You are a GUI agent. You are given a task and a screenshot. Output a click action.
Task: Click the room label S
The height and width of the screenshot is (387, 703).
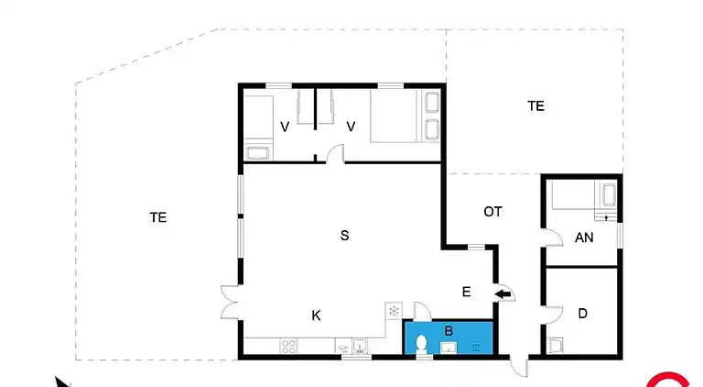pyautogui.click(x=344, y=236)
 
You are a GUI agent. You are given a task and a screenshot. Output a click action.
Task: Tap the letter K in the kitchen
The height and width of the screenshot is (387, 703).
pyautogui.click(x=316, y=315)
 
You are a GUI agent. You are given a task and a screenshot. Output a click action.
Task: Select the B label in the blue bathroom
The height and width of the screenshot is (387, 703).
pyautogui.click(x=449, y=330)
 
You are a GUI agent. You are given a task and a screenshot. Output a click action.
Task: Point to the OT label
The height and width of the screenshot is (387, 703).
pyautogui.click(x=492, y=212)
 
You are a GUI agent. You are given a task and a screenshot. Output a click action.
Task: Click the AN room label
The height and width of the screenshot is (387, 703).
pyautogui.click(x=584, y=237)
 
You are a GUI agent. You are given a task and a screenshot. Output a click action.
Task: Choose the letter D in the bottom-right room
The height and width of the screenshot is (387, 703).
pyautogui.click(x=582, y=314)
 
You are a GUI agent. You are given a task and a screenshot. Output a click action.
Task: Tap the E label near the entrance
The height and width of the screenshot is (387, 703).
pyautogui.click(x=466, y=293)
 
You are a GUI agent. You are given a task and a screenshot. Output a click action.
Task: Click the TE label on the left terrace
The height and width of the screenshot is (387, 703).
pyautogui.click(x=158, y=217)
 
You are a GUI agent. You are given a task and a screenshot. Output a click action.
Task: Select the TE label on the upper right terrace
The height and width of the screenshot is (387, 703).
pyautogui.click(x=535, y=106)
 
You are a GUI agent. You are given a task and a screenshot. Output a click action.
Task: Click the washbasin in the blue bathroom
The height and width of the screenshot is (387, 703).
pyautogui.click(x=449, y=348)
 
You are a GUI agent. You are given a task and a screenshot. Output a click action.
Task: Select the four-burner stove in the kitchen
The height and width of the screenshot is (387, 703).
pyautogui.click(x=288, y=347)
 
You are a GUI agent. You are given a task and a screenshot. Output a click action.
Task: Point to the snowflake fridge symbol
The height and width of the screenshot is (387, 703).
pyautogui.click(x=394, y=311)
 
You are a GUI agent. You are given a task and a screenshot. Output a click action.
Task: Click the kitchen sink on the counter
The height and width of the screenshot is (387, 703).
pyautogui.click(x=360, y=347)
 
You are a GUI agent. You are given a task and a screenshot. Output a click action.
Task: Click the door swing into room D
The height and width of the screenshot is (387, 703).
pyautogui.click(x=551, y=314)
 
